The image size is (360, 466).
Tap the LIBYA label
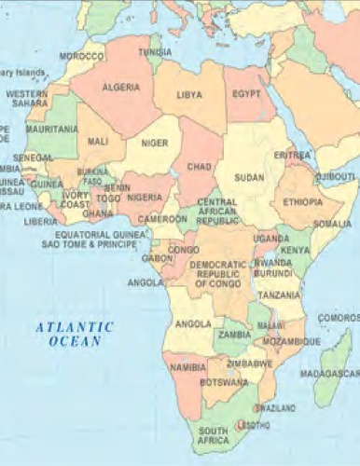coord(189,95)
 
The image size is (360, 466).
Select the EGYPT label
coord(246,94)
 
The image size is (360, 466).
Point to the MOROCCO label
coord(81,56)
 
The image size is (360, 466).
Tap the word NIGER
coord(155,143)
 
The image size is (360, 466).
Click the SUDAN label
coord(249,176)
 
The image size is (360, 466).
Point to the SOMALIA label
coord(333,224)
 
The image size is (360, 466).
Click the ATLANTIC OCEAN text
coord(75,334)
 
